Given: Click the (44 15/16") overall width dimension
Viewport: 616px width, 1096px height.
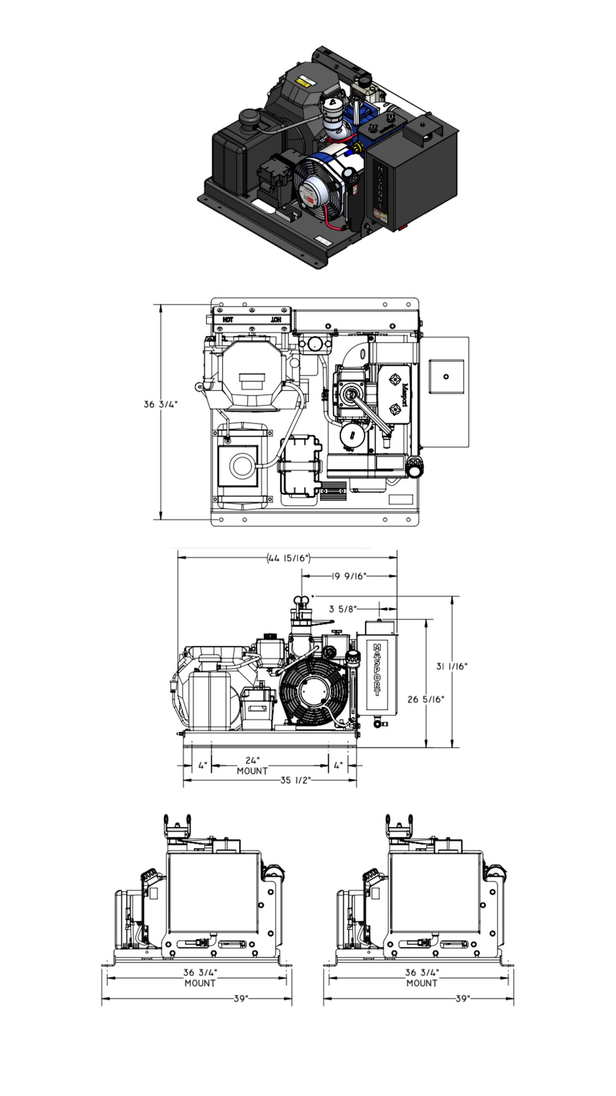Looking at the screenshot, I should pyautogui.click(x=288, y=558).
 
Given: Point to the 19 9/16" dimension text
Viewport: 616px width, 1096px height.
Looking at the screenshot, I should pyautogui.click(x=349, y=576).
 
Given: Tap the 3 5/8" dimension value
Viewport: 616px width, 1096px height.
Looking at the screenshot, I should pyautogui.click(x=342, y=609).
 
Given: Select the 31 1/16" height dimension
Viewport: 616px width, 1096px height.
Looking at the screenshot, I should pyautogui.click(x=452, y=666).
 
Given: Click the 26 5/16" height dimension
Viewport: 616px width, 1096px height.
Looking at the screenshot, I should pyautogui.click(x=426, y=699).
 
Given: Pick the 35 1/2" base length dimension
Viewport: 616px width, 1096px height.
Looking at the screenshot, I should pyautogui.click(x=295, y=780).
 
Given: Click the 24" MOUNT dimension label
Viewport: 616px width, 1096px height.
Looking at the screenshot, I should pyautogui.click(x=252, y=765).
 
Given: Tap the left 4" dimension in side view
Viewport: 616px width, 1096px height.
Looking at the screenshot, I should pyautogui.click(x=203, y=765).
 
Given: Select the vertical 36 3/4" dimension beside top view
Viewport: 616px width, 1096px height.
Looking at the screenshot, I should pyautogui.click(x=160, y=404).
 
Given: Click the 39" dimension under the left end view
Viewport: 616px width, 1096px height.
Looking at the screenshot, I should pyautogui.click(x=241, y=998).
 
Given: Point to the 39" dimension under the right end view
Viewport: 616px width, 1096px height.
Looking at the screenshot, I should pyautogui.click(x=462, y=998).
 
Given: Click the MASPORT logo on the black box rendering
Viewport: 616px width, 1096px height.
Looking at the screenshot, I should pyautogui.click(x=380, y=189).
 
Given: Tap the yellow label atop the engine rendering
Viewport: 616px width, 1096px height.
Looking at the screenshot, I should pyautogui.click(x=304, y=81).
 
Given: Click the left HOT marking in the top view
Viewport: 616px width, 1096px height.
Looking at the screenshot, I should pyautogui.click(x=228, y=320).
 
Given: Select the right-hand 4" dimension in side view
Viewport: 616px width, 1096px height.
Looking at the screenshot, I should pyautogui.click(x=338, y=765).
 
